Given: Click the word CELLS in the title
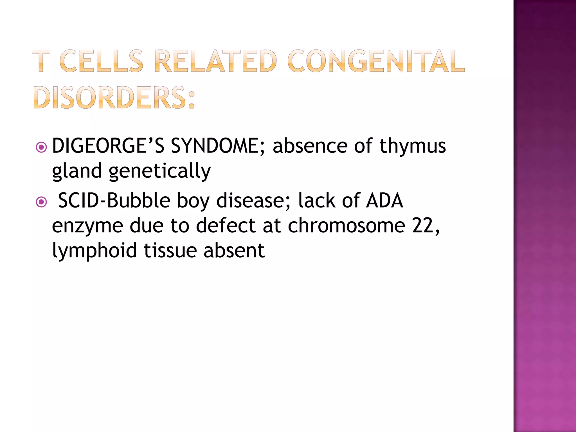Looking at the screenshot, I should (102, 61).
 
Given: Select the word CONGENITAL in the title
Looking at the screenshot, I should (376, 61).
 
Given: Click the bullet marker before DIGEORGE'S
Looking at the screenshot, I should (41, 147).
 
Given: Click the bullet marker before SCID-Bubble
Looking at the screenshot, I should (41, 202).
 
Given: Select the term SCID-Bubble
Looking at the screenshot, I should (114, 201).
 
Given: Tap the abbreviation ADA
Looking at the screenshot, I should (384, 201).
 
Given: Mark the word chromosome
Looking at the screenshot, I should (346, 226).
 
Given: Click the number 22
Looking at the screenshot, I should (424, 226).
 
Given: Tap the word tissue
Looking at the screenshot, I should (170, 250).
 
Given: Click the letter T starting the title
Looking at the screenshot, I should (41, 61).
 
